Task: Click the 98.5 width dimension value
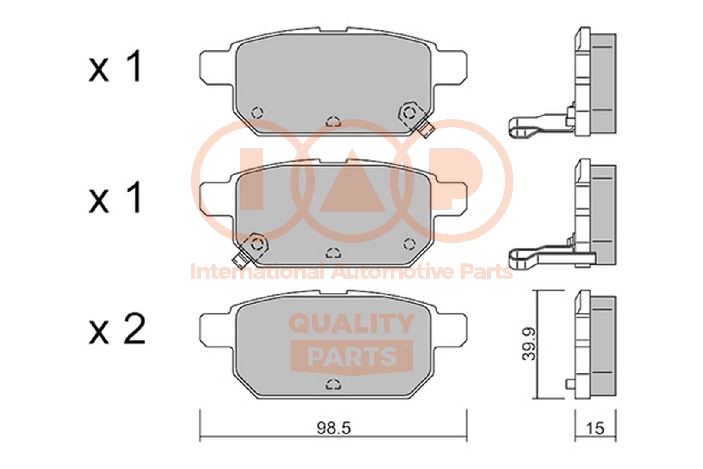pyautogui.click(x=334, y=428)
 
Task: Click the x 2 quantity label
pyautogui.click(x=117, y=329)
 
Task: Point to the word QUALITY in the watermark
pyautogui.click(x=351, y=323)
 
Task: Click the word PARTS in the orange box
pyautogui.click(x=352, y=357)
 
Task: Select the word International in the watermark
pyautogui.click(x=257, y=272)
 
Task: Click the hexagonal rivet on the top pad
pyautogui.click(x=409, y=113)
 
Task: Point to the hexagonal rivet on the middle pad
pyautogui.click(x=257, y=244)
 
